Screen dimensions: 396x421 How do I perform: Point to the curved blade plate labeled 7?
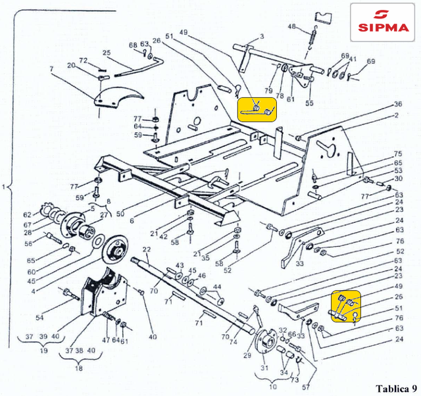pos(118,95)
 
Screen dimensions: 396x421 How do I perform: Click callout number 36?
pos(397,105)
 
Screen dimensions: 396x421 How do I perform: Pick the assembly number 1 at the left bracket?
pos(5,188)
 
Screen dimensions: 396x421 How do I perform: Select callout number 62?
pos(28,214)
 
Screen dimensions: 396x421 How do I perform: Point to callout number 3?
pos(261,36)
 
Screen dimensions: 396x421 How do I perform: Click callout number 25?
pos(107,53)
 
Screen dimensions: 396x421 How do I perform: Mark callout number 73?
pos(294,381)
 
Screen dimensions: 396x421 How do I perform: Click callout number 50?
pos(120,214)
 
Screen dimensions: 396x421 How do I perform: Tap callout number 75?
pos(398,153)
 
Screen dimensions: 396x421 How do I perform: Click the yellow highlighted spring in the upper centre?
pos(257,108)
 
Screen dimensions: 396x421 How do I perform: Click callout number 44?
pos(218,287)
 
